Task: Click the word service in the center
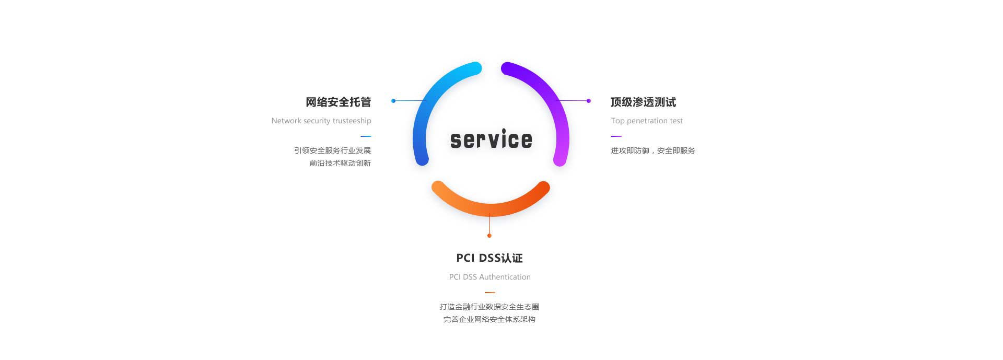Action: click(x=491, y=140)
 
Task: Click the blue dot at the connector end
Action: click(x=393, y=101)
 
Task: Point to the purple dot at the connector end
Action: click(x=589, y=101)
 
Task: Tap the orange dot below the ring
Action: click(x=489, y=236)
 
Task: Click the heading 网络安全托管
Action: click(x=339, y=102)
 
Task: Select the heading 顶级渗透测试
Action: click(x=644, y=102)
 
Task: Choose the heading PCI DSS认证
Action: click(x=489, y=258)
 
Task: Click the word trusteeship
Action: click(x=352, y=121)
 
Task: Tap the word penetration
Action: click(x=647, y=121)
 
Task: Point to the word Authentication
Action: click(x=505, y=277)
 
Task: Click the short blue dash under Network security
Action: click(x=366, y=136)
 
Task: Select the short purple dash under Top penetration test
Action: click(x=616, y=136)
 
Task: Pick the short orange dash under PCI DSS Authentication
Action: click(x=490, y=293)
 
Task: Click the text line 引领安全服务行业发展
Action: click(x=333, y=150)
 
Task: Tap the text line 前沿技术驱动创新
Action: click(x=340, y=163)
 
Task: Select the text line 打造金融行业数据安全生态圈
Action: click(x=489, y=307)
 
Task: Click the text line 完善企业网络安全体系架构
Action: click(x=489, y=319)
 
